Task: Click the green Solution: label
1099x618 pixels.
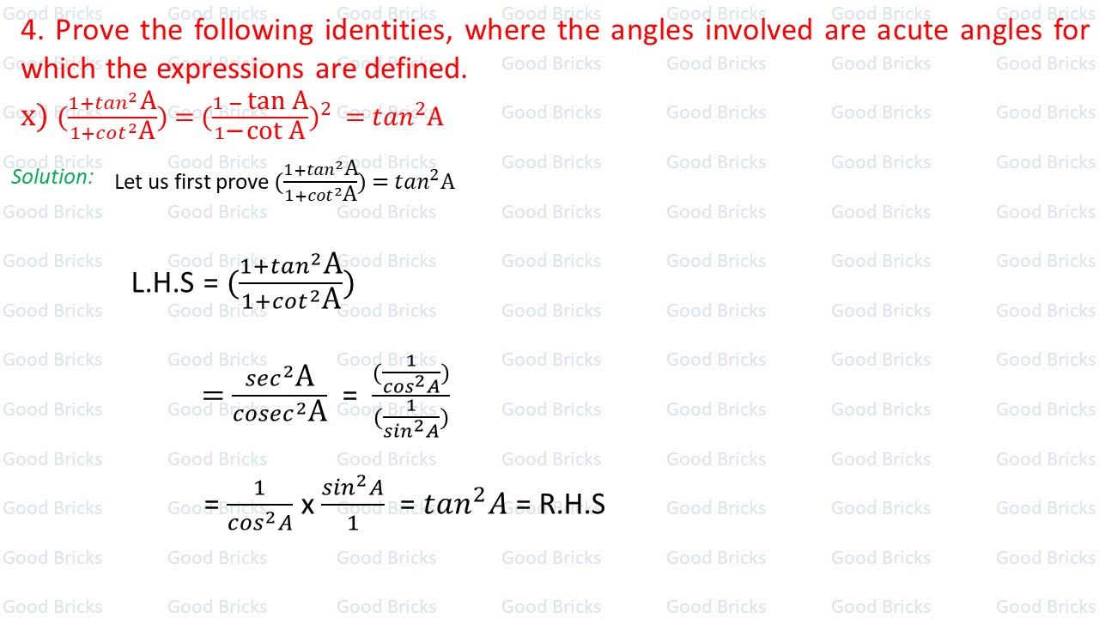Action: (x=52, y=177)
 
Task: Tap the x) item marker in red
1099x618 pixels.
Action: (x=33, y=117)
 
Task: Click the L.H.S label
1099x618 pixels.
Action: (x=163, y=282)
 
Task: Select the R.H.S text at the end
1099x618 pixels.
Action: (x=572, y=504)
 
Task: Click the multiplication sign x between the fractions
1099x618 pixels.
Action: (x=307, y=505)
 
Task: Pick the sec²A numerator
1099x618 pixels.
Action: (x=280, y=377)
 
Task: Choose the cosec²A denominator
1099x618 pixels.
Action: (x=280, y=412)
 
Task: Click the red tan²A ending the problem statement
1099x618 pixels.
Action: (x=407, y=117)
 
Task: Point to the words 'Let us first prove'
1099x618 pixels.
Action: (x=191, y=182)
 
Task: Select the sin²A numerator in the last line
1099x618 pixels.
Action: (x=353, y=488)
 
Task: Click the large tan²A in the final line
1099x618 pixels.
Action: (x=465, y=504)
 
